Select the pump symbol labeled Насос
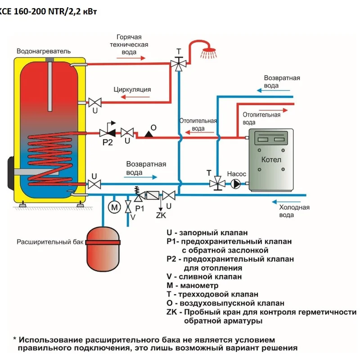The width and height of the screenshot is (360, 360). pos(235,184)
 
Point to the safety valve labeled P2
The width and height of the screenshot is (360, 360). pos(107,132)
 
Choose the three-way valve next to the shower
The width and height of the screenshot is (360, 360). pos(179,63)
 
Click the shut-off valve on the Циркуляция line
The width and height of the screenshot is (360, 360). pos(95,102)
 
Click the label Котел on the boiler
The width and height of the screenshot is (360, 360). pos(271,160)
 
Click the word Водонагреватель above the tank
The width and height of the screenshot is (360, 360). pos(44,51)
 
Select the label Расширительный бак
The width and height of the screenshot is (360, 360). pos(50,242)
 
